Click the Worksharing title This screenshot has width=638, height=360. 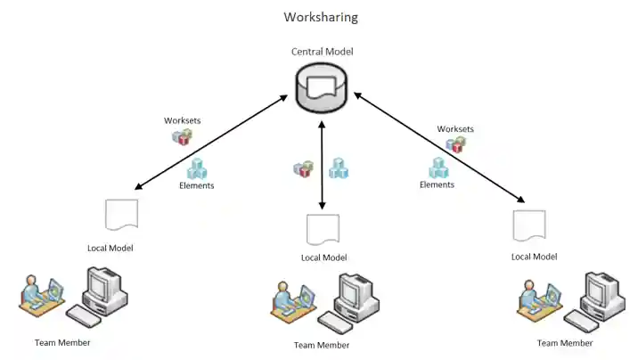pos(321,17)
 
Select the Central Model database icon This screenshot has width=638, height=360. pos(322,87)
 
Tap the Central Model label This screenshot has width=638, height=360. pos(322,52)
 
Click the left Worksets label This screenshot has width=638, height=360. pos(182,120)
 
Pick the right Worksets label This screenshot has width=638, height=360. pos(455,129)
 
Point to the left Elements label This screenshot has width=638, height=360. pos(196,186)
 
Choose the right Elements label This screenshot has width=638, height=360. pos(437,185)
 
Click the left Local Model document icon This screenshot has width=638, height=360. pos(121,217)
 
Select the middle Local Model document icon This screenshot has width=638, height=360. pos(323,229)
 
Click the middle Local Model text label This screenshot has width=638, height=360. pos(323,258)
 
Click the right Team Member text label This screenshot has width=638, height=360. pos(565,343)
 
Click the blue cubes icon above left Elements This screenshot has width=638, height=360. pos(196,168)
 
